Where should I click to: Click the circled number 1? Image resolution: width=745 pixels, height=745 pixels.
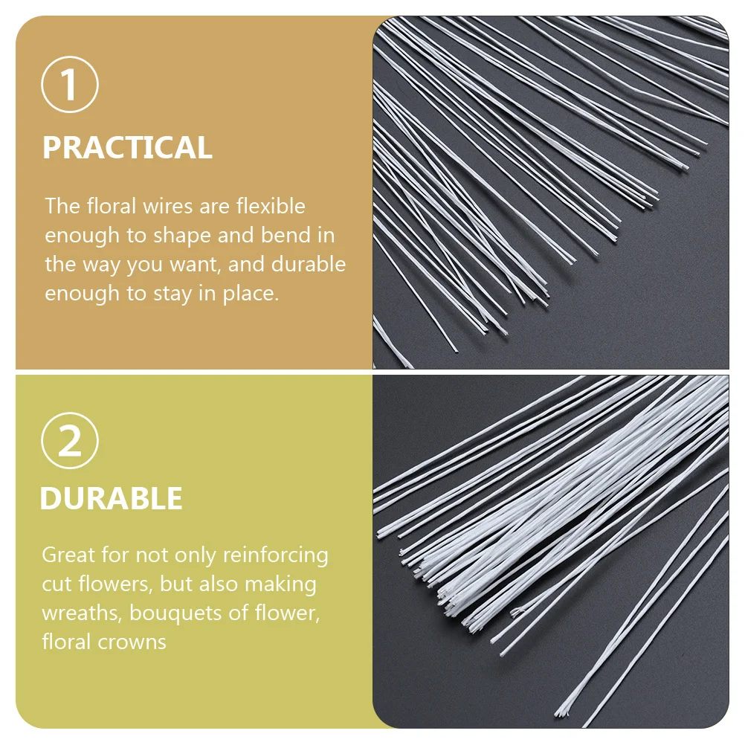tap(70, 86)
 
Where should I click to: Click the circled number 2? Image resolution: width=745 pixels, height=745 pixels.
tap(70, 442)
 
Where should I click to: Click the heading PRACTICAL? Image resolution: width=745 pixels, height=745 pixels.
tap(127, 148)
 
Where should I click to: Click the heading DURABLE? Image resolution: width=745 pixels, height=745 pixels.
tap(111, 499)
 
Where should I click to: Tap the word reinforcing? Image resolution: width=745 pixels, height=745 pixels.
tap(275, 555)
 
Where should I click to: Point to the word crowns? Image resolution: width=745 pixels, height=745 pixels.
tap(135, 642)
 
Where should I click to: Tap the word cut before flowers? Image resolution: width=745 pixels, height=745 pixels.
tap(57, 584)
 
